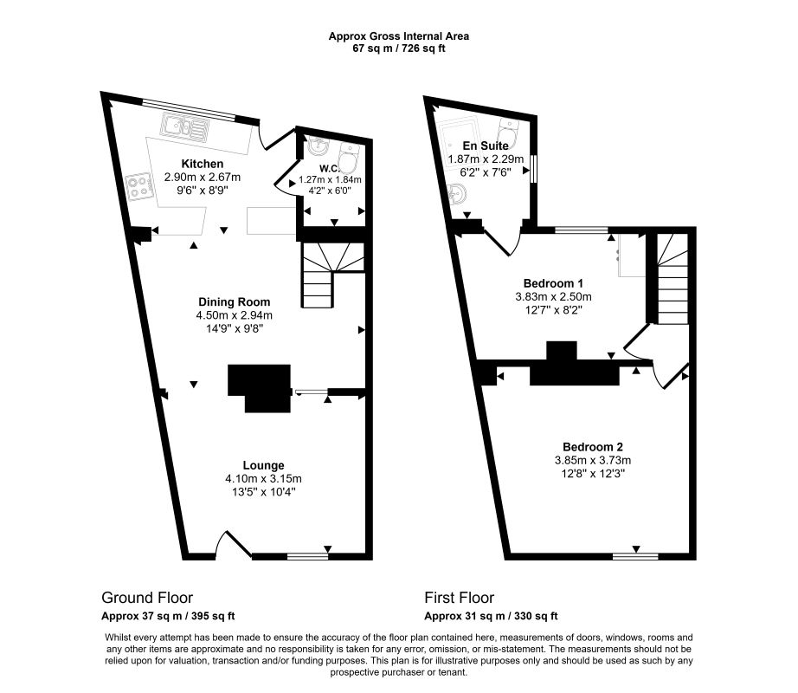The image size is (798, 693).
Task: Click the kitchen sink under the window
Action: pos(183,128)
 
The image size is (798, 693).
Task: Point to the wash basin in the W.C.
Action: pos(314,149)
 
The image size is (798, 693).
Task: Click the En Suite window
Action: pos(534,168)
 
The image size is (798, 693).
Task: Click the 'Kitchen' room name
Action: pos(203,164)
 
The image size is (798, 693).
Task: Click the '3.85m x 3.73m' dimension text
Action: pos(593,460)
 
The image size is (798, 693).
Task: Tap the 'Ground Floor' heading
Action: pos(147,598)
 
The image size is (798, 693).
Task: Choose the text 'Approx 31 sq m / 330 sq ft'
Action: pos(491,617)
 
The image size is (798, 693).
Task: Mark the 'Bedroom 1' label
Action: pos(554,283)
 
